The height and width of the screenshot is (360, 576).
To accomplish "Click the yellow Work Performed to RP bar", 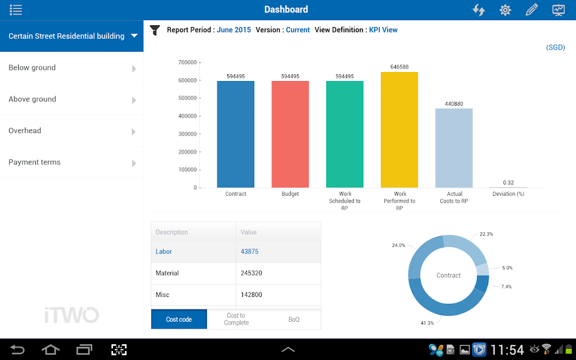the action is point(399,130).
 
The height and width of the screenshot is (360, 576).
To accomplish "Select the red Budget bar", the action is point(290,134).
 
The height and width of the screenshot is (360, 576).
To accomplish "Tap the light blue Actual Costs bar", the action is point(454,148).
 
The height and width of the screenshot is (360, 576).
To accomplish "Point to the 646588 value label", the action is point(399,67).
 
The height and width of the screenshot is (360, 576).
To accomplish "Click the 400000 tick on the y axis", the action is point(188,116).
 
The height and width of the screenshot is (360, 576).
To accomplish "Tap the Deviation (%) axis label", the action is point(508,194).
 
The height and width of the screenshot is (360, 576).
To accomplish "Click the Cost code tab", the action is point(179,319).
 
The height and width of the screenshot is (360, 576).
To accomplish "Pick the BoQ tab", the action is point(294,319).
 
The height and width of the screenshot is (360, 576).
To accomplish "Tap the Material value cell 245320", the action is point(251,273).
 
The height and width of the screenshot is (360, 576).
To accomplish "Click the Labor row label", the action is point(164,251).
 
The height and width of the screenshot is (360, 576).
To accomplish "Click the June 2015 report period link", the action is point(233,30).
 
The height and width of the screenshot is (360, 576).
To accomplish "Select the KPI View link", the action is point(383,30).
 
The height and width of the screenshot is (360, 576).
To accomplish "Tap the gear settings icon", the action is point(505,10).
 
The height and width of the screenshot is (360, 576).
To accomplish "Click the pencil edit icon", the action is point(532,10).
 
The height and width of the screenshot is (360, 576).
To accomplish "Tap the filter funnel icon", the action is point(155,30).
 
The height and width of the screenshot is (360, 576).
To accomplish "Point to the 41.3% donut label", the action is point(427,323).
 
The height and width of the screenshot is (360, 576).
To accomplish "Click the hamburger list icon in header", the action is point(16,10).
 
